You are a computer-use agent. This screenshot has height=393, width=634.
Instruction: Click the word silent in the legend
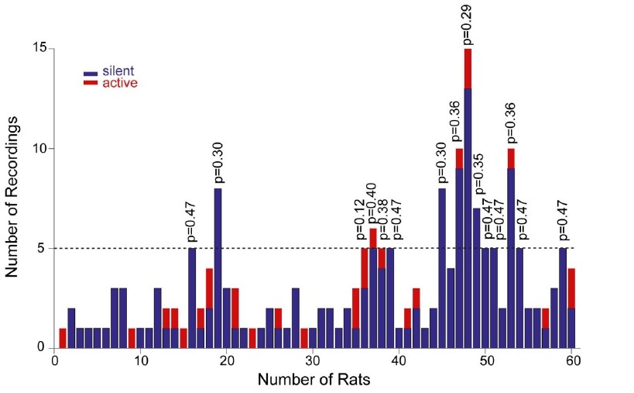click(x=118, y=71)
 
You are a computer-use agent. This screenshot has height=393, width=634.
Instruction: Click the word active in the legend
click(x=120, y=82)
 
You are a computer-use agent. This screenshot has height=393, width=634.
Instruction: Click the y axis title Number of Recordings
click(x=13, y=198)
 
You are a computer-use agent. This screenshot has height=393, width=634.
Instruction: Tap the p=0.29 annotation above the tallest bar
click(x=467, y=24)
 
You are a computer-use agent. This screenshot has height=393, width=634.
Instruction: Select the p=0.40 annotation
click(x=372, y=204)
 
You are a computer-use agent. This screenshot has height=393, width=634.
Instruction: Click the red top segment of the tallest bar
click(x=468, y=68)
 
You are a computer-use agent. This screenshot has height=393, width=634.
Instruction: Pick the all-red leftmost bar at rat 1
click(x=63, y=338)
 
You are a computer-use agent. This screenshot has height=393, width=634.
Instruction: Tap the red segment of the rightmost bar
click(x=571, y=288)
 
